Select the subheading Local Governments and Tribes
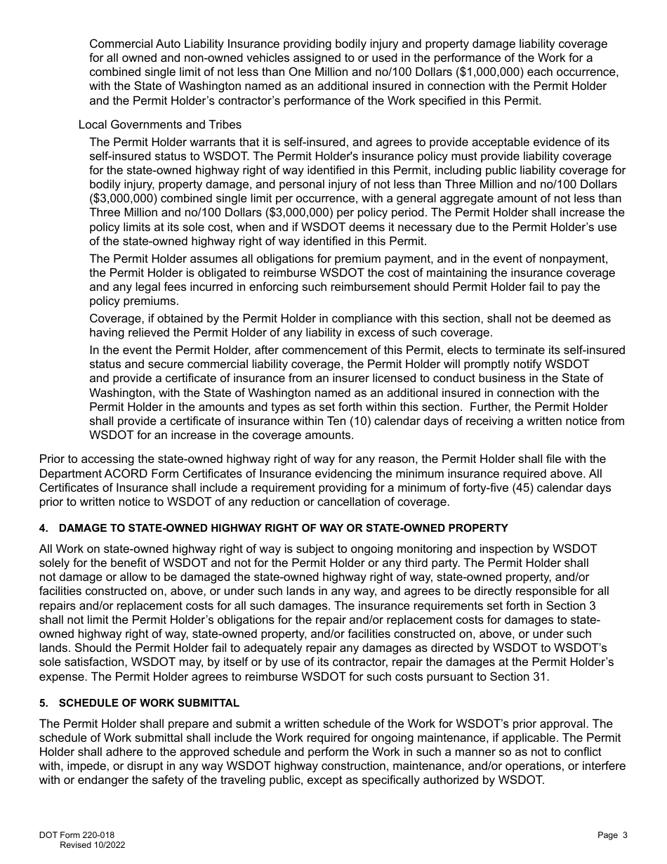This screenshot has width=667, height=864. click(159, 125)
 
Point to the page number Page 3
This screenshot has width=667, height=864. click(612, 835)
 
